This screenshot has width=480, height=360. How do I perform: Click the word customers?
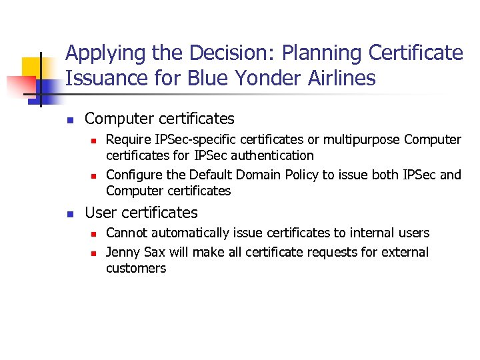click(x=136, y=268)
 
